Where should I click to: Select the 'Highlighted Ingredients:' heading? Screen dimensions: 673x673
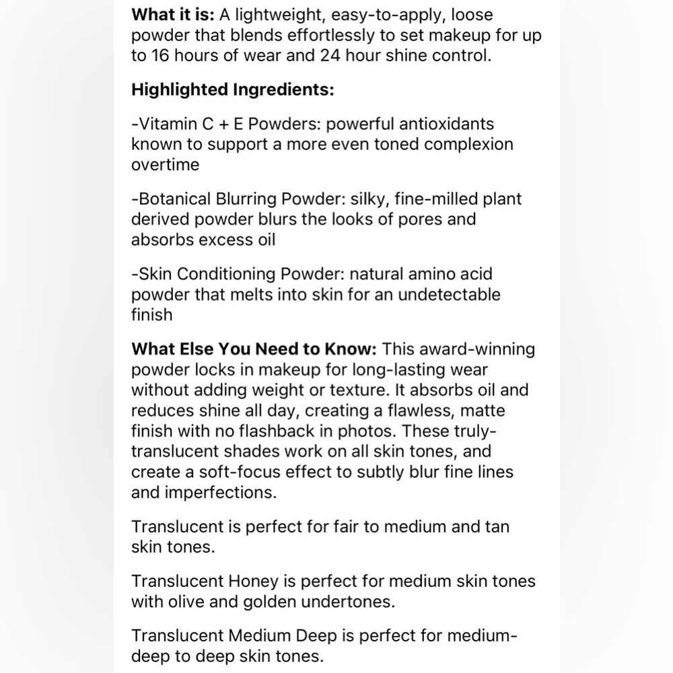click(232, 90)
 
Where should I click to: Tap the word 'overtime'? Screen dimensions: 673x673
click(165, 164)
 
